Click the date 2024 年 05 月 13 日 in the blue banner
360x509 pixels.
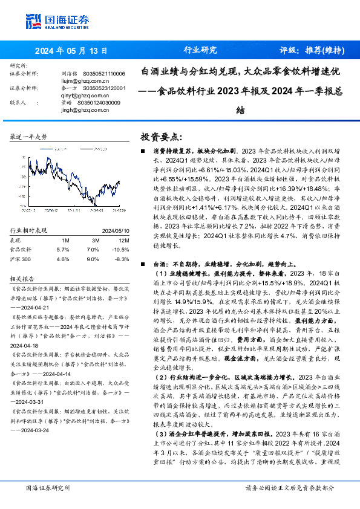tap(71, 51)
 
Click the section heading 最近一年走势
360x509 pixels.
tap(28, 137)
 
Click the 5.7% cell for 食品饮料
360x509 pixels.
tap(63, 248)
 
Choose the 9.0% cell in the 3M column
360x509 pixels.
tap(93, 258)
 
